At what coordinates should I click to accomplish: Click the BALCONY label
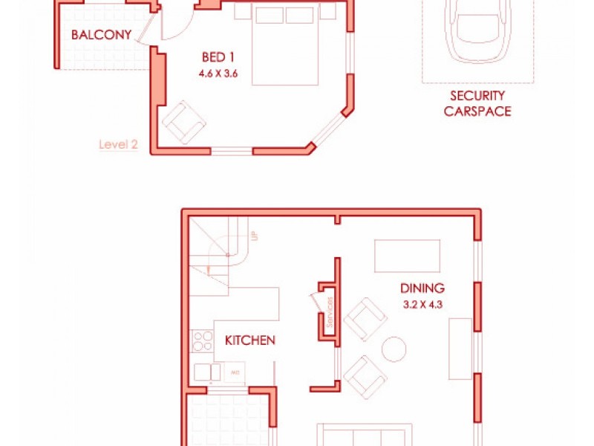(x=101, y=35)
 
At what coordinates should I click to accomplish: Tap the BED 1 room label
(x=218, y=57)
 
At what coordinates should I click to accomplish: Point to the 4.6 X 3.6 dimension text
(x=218, y=74)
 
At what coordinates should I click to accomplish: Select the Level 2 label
(x=118, y=145)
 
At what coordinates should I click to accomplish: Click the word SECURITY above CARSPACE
(x=477, y=96)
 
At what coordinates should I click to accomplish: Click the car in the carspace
(x=477, y=30)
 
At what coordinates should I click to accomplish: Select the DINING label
(x=422, y=288)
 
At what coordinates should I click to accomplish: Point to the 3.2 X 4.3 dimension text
(x=422, y=304)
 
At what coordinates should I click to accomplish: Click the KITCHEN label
(x=250, y=340)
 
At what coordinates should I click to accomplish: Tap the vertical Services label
(x=329, y=310)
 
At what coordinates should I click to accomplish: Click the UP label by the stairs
(x=254, y=236)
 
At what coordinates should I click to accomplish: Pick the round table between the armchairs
(x=393, y=349)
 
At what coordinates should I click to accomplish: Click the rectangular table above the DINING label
(x=407, y=256)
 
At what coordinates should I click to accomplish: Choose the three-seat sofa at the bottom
(x=364, y=435)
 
